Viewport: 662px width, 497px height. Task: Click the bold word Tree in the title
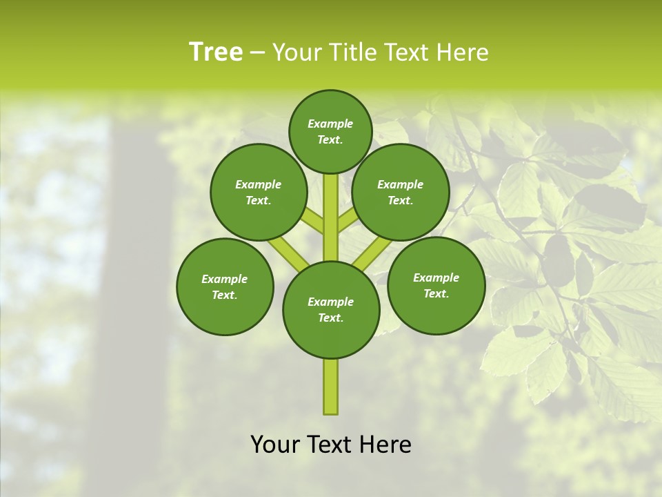[216, 52]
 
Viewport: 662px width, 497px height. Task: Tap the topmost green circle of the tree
[330, 131]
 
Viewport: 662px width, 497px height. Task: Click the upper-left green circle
[259, 192]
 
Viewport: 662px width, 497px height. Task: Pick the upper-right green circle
[401, 192]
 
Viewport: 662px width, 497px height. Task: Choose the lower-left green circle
[225, 286]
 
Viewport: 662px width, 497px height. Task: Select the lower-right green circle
[436, 285]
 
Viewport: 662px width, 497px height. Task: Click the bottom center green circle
[331, 309]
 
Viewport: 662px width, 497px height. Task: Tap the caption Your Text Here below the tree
[331, 445]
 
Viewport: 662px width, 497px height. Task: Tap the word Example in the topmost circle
[330, 124]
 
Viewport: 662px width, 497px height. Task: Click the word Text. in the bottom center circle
[330, 318]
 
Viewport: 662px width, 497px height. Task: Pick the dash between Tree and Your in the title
[257, 52]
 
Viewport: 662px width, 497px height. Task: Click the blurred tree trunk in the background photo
[134, 276]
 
